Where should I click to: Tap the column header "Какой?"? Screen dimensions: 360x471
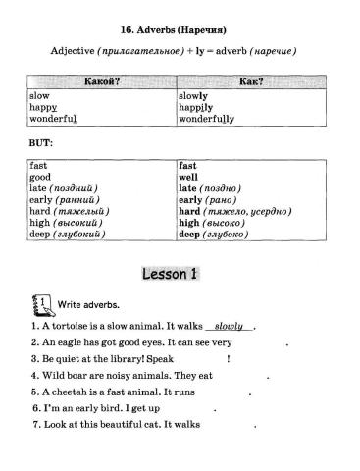tap(101, 81)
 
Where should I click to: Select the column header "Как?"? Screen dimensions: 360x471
tap(254, 81)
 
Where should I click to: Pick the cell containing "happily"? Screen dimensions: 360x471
tap(196, 107)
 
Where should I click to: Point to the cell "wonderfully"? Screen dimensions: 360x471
tap(206, 119)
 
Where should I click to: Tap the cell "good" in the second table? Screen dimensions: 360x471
tap(40, 179)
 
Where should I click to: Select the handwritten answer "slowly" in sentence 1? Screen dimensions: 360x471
tap(229, 324)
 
